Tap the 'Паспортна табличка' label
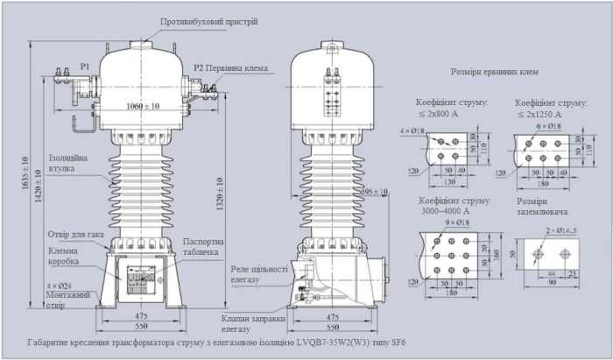point(205,246)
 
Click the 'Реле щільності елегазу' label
point(261,276)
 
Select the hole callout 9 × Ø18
point(461,224)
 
